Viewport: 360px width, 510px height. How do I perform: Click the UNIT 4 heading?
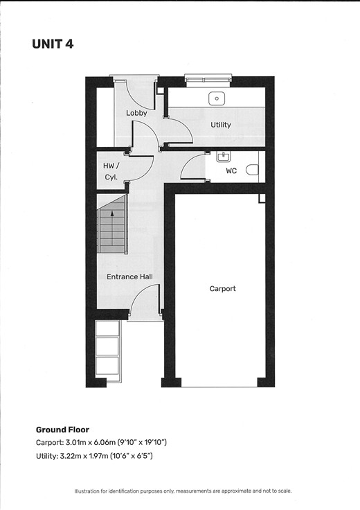53,44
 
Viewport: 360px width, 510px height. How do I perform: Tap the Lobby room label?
136,113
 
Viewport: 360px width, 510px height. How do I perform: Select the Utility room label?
221,125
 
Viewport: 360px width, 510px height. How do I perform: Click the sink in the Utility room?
217,98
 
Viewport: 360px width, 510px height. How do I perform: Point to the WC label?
231,170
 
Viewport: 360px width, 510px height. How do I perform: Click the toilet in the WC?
252,170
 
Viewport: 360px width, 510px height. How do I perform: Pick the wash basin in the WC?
223,157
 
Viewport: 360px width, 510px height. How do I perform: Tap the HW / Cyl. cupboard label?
111,171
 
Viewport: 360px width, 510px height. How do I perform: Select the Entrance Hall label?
129,276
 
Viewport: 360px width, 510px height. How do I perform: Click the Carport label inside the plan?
222,288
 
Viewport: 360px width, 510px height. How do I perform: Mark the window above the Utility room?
208,80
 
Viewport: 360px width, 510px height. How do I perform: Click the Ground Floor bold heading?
62,430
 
